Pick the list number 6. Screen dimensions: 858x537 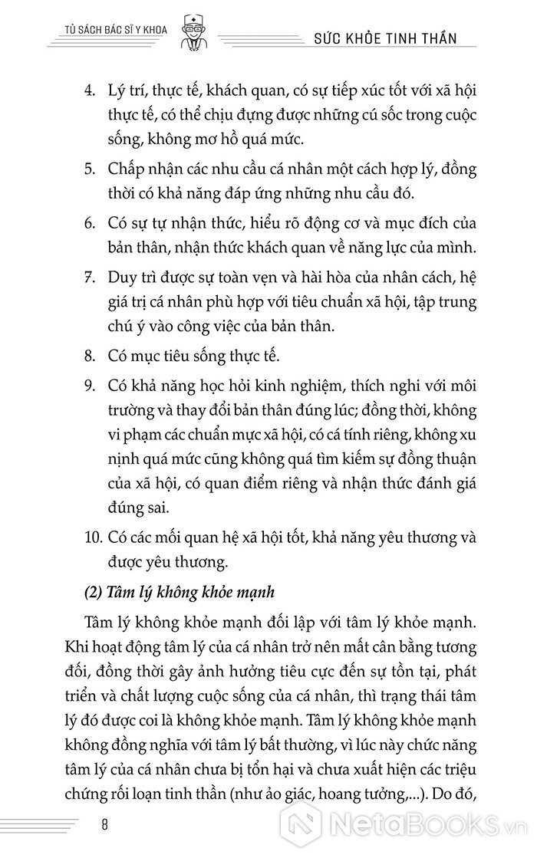89,224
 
